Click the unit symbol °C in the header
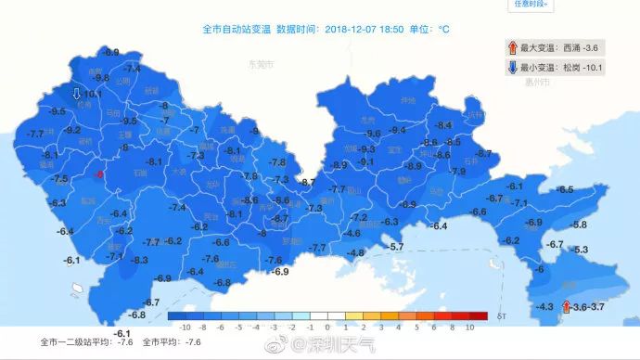pyautogui.click(x=443, y=29)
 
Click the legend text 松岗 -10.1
pyautogui.click(x=582, y=68)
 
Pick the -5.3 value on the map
pyautogui.click(x=581, y=250)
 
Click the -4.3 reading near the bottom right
pyautogui.click(x=544, y=307)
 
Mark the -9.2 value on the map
pyautogui.click(x=71, y=131)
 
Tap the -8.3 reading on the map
pyautogui.click(x=139, y=260)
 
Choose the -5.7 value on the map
pyautogui.click(x=396, y=246)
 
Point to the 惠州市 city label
pyautogui.click(x=538, y=83)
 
